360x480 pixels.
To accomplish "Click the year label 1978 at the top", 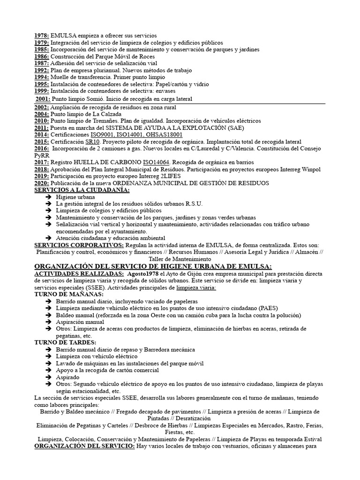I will click(42, 36).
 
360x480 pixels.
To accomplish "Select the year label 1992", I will click(42, 70).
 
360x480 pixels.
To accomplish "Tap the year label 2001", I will click(43, 99).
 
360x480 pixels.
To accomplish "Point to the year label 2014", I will click(42, 135).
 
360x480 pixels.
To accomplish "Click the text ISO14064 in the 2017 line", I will click(156, 162).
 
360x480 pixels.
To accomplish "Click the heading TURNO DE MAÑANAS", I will click(69, 294).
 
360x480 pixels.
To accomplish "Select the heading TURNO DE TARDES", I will click(65, 342).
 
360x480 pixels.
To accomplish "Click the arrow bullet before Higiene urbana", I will click(49, 197).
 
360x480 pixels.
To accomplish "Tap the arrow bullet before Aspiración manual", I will click(49, 322).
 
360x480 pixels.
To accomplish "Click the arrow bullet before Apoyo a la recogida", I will click(49, 370).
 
